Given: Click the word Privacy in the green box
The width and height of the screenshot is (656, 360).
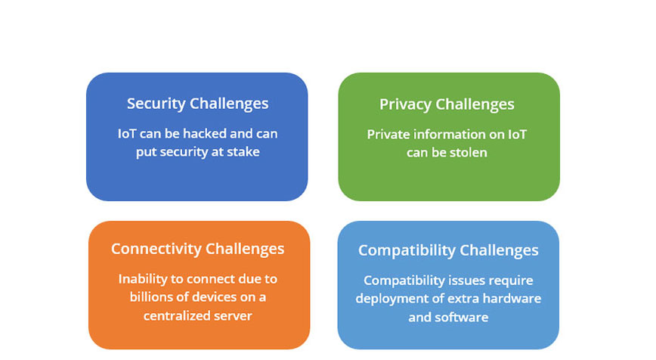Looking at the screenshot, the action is (x=405, y=104).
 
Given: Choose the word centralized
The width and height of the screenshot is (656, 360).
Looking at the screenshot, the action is (x=181, y=315).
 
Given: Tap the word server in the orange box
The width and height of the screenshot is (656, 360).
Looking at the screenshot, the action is (x=237, y=315).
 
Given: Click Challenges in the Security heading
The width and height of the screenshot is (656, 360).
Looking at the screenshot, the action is (x=229, y=104).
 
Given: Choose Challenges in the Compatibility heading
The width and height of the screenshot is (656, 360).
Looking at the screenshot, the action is (x=500, y=250).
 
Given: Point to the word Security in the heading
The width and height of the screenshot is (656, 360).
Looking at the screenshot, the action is (x=156, y=104).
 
